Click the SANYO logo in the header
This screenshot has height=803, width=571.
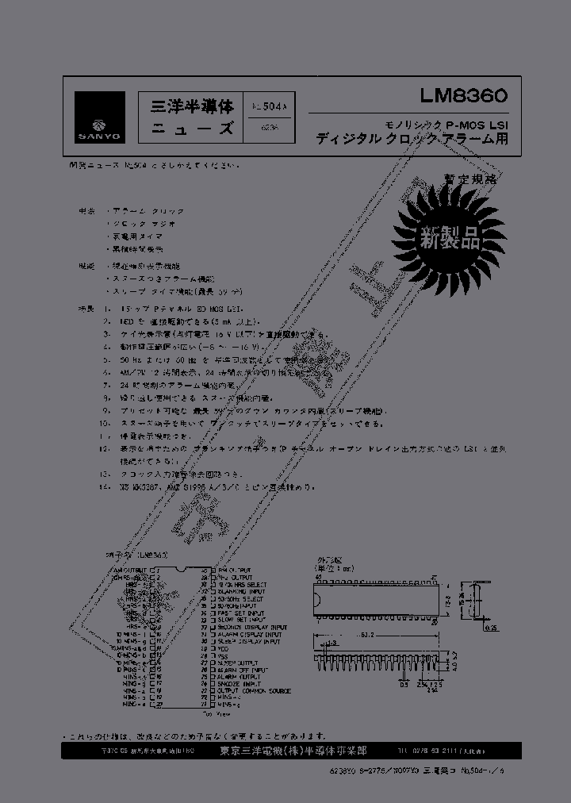(x=101, y=117)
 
